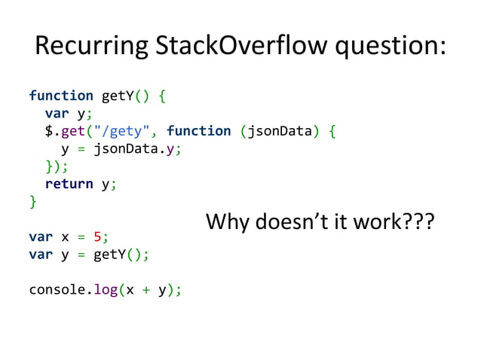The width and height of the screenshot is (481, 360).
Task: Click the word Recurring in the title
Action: click(x=80, y=47)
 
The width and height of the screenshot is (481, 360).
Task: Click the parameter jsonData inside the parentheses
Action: click(x=280, y=131)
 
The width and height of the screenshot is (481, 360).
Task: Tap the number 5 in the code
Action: click(x=98, y=236)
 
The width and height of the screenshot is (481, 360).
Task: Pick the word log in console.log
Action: click(x=106, y=289)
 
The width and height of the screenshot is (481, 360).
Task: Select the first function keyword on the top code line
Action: click(x=61, y=96)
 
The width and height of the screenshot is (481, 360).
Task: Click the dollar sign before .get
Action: click(x=49, y=131)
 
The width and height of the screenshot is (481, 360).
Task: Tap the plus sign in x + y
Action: click(x=146, y=290)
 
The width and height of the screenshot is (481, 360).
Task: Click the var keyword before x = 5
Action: click(x=41, y=236)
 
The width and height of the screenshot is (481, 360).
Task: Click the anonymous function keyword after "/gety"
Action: click(x=199, y=131)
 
